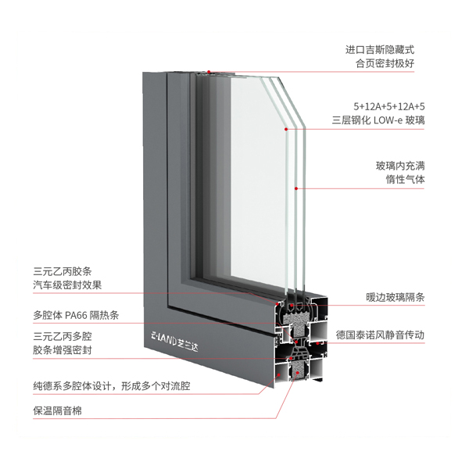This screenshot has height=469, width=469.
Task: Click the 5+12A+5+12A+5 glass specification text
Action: coord(388,106)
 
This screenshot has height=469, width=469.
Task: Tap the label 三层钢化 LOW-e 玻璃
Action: coord(378,120)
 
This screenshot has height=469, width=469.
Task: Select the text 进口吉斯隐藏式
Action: coord(380,50)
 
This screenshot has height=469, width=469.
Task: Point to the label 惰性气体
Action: coord(405,180)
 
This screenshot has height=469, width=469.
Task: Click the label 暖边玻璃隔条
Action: coord(396,297)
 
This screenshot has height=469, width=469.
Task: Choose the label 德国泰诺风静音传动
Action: coord(380,335)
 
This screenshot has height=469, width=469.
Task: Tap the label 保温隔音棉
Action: coord(57,410)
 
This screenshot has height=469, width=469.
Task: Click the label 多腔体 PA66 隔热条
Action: coord(76,315)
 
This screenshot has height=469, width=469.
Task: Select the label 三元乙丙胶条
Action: coord(63,271)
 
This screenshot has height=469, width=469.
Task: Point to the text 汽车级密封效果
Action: coord(67,285)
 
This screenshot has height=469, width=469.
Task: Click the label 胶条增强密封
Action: coord(63,350)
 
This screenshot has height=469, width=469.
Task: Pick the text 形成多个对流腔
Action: coord(156,386)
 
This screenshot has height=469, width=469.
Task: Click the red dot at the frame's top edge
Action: coord(209,72)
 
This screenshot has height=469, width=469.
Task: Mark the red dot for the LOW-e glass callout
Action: coord(286,129)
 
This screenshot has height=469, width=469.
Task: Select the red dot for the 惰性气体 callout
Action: coord(296,188)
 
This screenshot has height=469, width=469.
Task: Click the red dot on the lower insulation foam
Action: coord(297,373)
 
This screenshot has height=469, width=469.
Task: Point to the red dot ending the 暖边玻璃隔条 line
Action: coord(291,306)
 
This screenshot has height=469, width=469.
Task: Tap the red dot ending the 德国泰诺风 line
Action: coord(317,343)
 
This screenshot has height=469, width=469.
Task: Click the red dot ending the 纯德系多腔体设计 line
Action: coord(279,374)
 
